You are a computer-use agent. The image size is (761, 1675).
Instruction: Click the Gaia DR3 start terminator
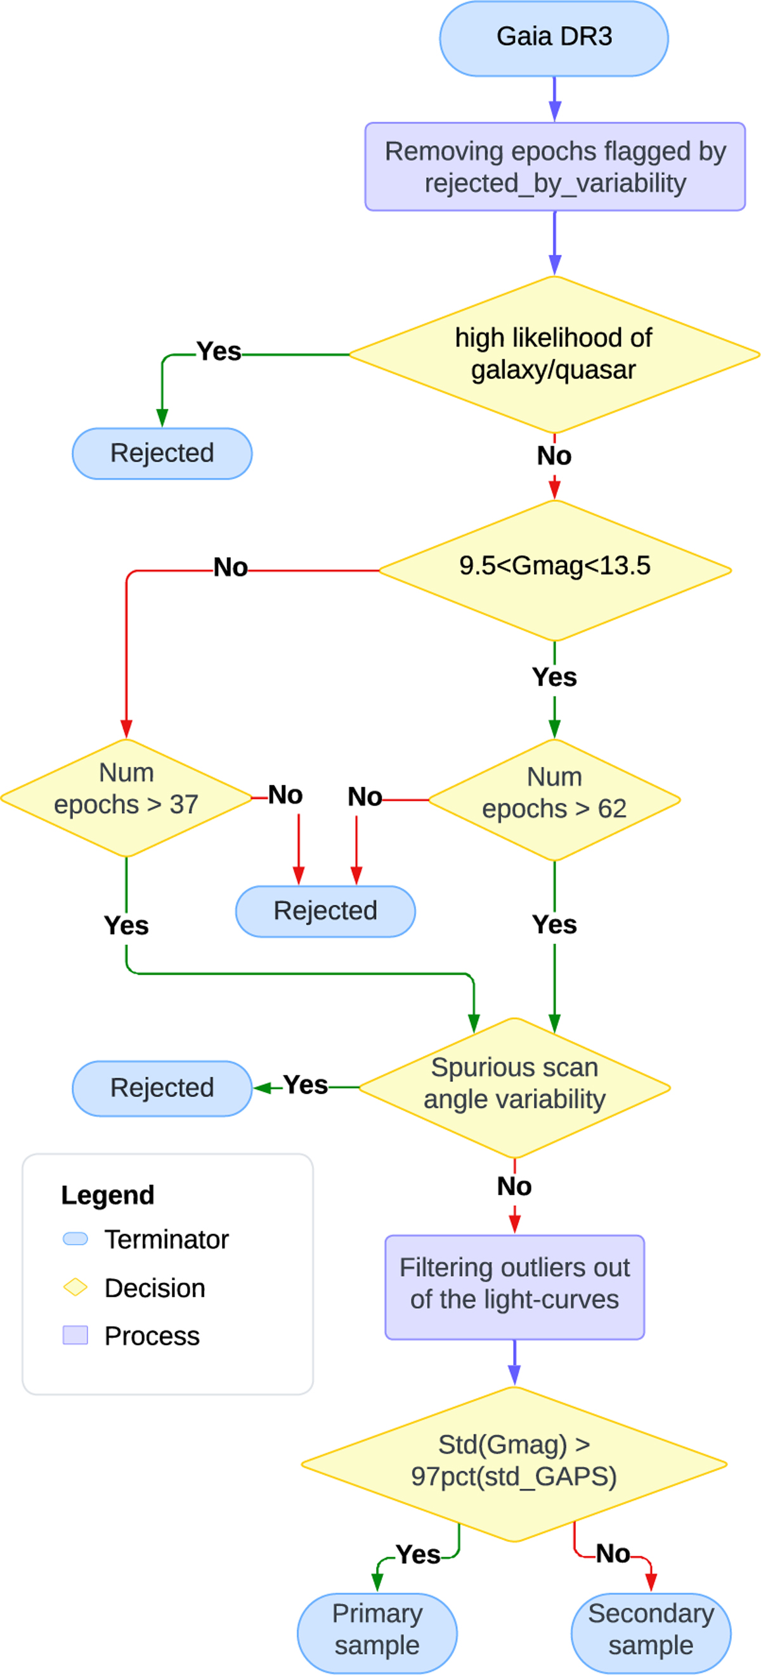coord(554,38)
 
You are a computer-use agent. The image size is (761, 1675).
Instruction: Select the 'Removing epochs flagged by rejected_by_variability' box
coord(555,167)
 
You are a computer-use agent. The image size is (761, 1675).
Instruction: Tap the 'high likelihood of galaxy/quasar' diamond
coord(554,354)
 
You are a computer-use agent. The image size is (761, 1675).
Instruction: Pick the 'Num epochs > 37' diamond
coord(126,798)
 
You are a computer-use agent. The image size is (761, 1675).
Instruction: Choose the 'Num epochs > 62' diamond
coord(554,799)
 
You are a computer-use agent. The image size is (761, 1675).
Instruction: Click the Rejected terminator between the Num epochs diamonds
coord(325,911)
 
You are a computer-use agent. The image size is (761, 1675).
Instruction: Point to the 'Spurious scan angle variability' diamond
coord(514,1087)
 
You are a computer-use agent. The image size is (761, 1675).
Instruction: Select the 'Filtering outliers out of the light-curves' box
coord(514,1286)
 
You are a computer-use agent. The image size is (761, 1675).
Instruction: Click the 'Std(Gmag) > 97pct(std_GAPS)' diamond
coord(514,1463)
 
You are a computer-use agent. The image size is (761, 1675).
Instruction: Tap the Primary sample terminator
coord(377,1632)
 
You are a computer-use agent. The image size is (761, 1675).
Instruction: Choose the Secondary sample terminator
coord(651,1632)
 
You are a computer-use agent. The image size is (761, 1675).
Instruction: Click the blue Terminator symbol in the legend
coord(75,1238)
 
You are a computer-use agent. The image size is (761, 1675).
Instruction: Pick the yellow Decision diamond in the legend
coord(75,1287)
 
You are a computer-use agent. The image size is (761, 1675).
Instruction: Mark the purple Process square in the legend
coord(75,1335)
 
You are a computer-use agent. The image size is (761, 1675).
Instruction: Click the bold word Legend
coord(108,1195)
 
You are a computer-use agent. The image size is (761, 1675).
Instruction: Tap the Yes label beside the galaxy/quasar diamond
coord(219,352)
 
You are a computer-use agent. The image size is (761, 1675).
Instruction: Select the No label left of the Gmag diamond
coord(230,568)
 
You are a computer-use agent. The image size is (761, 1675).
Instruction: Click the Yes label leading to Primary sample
coord(417,1555)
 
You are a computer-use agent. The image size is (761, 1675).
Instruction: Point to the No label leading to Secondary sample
coord(613,1554)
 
